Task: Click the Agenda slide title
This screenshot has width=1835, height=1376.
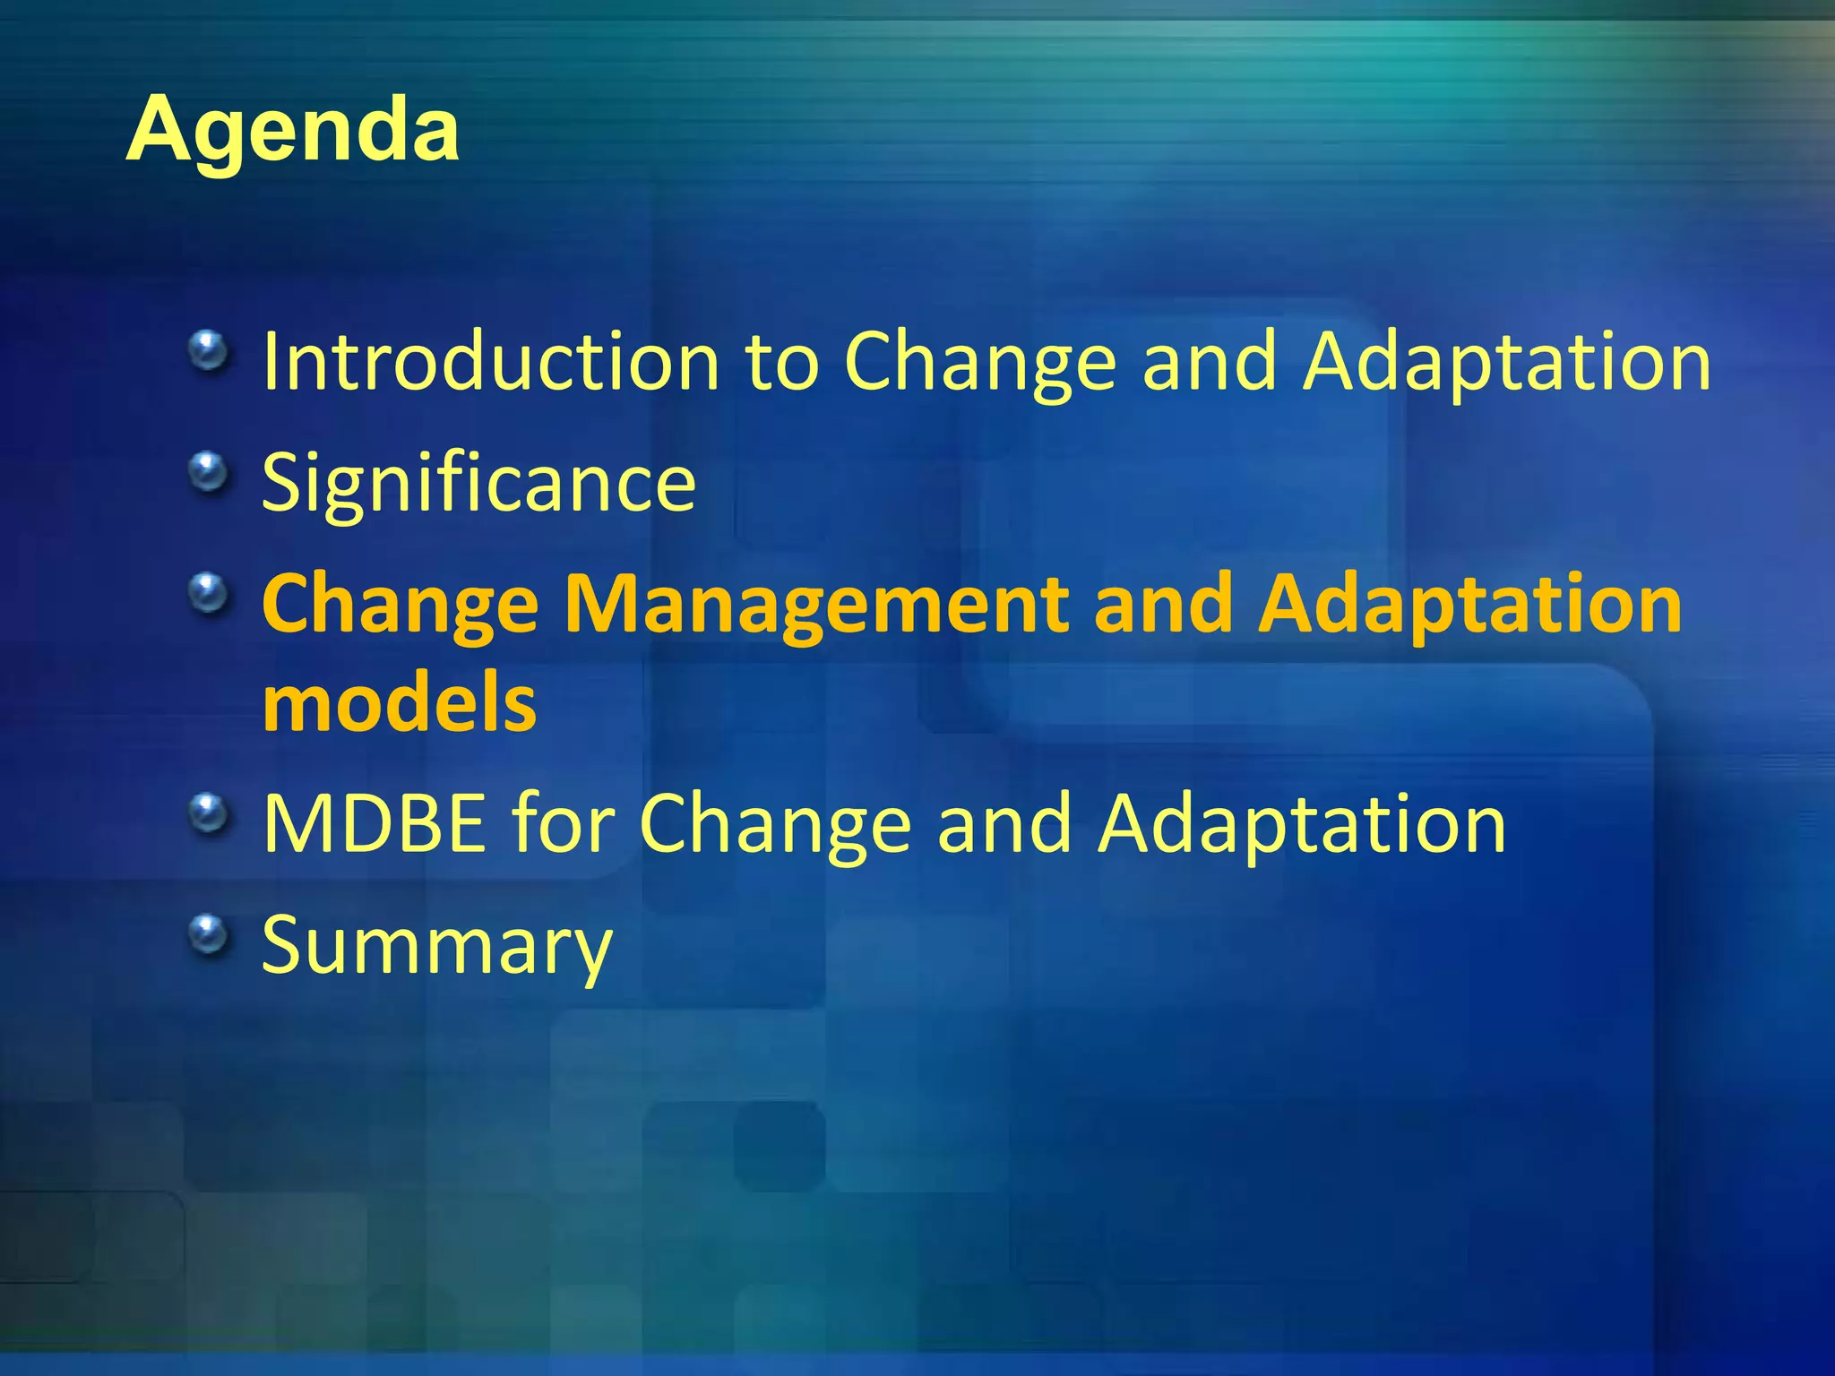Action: [293, 130]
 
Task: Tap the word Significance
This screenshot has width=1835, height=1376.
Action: [478, 484]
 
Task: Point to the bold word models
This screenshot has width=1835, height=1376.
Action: [400, 703]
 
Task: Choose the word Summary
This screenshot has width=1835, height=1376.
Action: [436, 946]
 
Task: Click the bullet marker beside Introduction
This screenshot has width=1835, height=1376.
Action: [209, 350]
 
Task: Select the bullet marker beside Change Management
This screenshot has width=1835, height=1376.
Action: [209, 592]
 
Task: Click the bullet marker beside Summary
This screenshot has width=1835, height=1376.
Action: [209, 934]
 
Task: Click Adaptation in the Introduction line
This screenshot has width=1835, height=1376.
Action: [1506, 362]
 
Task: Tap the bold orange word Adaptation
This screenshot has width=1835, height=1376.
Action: [1469, 605]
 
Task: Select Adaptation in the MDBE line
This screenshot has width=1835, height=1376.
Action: [1302, 823]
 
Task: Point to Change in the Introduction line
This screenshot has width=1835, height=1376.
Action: [980, 362]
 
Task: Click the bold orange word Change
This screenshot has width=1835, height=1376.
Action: [400, 605]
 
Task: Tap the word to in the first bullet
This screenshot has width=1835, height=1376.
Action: [782, 362]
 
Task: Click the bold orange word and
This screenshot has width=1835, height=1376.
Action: [1162, 605]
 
